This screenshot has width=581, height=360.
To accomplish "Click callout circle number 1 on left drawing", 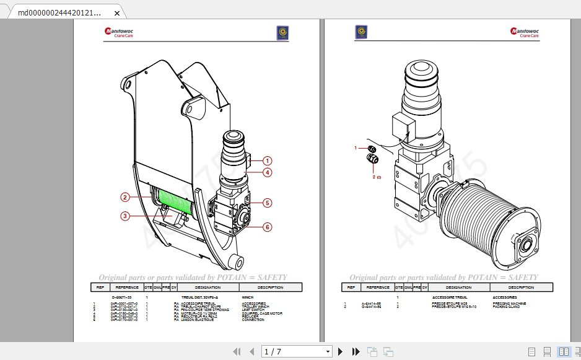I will tap(268, 160).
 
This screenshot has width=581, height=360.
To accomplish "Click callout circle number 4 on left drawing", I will tap(268, 172).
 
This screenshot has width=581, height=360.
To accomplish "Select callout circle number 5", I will tap(268, 203).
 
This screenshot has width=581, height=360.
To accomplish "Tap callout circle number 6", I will tap(268, 227).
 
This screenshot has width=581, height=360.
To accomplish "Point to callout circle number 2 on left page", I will tap(125, 197).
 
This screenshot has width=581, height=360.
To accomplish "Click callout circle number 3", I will tap(125, 216).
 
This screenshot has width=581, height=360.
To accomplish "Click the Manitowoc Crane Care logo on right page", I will tap(524, 32).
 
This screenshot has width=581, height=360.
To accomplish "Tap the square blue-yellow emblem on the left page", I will tap(283, 33).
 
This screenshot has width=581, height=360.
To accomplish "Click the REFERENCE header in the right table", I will tap(378, 288).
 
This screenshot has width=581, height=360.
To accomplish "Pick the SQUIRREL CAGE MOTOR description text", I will tap(262, 314).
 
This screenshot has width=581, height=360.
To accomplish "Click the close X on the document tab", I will tap(117, 12).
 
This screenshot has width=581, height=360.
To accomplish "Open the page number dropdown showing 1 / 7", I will tap(297, 351).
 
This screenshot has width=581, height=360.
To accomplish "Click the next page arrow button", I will tap(340, 351).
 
